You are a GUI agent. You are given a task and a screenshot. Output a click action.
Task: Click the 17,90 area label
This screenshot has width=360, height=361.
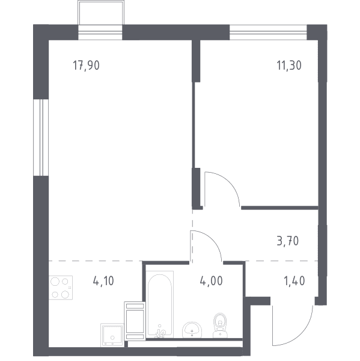87,66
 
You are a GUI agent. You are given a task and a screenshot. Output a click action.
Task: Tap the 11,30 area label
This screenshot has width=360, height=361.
289,66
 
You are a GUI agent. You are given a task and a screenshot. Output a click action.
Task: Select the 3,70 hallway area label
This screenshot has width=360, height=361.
288,241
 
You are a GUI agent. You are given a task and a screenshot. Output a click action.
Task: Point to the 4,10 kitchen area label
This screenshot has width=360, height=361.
103,281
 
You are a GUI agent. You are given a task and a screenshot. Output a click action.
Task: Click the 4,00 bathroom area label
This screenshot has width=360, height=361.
212,281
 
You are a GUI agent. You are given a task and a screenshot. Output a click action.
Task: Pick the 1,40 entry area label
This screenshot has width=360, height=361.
294,281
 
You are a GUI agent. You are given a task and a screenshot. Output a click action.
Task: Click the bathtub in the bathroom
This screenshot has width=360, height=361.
160,304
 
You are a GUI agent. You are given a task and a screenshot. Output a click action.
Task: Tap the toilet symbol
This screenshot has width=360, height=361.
220,326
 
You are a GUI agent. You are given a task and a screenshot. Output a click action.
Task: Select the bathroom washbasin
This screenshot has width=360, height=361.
192,330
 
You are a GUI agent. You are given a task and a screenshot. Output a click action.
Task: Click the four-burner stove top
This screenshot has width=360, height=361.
61,288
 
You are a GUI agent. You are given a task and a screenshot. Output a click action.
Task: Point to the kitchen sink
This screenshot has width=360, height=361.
112,335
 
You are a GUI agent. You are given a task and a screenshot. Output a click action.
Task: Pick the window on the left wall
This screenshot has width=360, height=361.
41,137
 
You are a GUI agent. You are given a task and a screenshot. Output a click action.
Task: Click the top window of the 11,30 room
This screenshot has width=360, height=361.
268,32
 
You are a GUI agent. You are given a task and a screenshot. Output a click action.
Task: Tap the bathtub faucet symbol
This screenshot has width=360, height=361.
161,332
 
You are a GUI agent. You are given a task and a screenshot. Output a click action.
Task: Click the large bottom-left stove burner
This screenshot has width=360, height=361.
55,294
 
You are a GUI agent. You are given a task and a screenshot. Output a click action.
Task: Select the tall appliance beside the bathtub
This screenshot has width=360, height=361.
135,321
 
